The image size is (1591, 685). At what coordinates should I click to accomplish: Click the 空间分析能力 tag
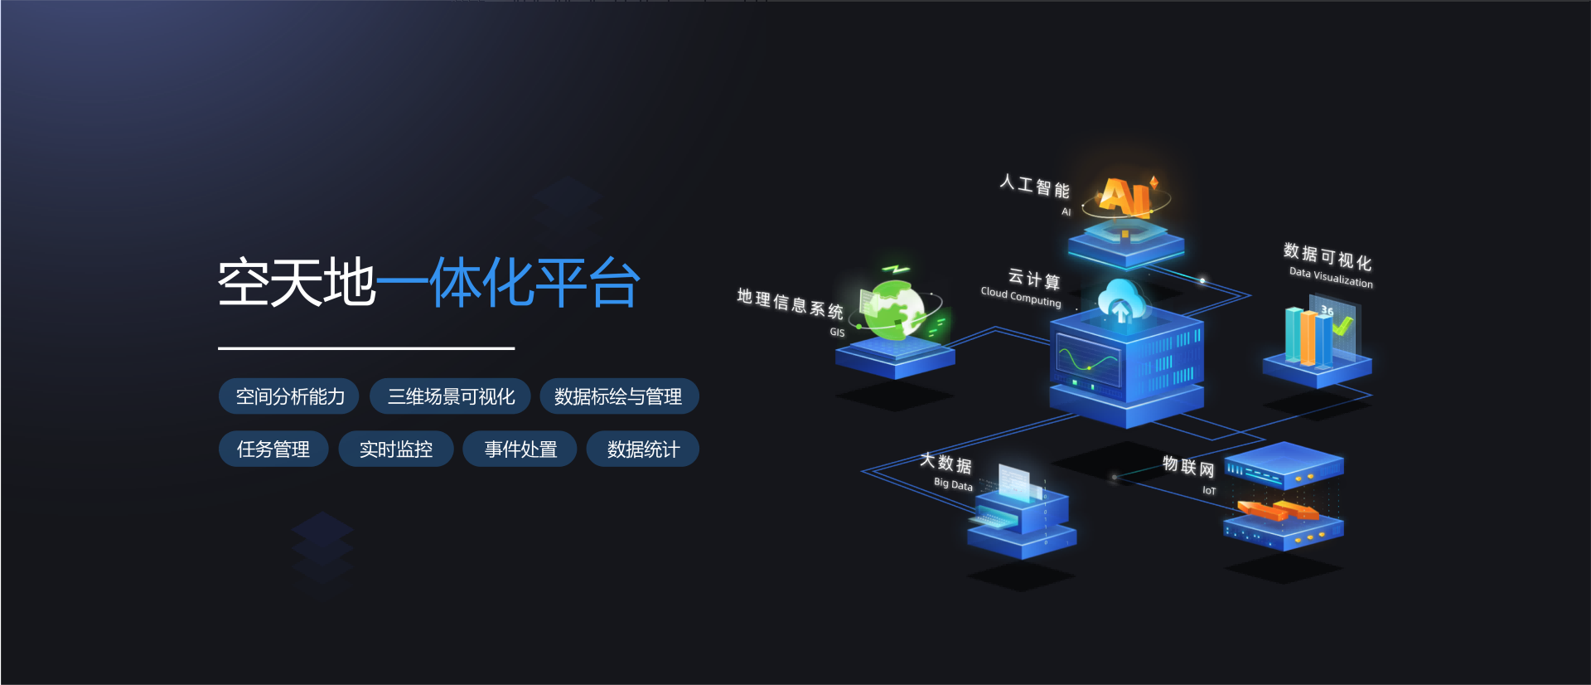click(x=288, y=396)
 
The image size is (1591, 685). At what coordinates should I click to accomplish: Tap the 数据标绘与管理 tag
click(x=618, y=396)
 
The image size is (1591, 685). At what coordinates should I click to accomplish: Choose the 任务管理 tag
click(x=273, y=449)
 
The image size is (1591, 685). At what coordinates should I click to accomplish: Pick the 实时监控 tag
click(x=395, y=449)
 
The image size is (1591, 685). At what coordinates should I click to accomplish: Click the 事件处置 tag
click(x=520, y=449)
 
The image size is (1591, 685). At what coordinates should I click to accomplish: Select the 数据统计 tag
click(x=642, y=449)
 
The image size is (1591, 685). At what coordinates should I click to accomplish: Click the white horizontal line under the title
click(x=366, y=348)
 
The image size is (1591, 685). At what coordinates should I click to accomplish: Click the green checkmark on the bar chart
click(x=1342, y=326)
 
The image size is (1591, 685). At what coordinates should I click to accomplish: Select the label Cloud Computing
click(x=1020, y=297)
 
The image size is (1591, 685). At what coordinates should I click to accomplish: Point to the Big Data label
click(x=953, y=484)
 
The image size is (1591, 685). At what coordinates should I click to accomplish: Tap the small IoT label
click(x=1209, y=491)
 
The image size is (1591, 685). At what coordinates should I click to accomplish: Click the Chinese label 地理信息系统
click(x=790, y=304)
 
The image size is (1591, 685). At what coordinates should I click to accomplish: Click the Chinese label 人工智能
click(x=1034, y=186)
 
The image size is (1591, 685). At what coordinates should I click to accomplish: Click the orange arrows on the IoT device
click(x=1277, y=509)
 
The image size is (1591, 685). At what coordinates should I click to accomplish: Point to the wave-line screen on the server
click(x=1087, y=361)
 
